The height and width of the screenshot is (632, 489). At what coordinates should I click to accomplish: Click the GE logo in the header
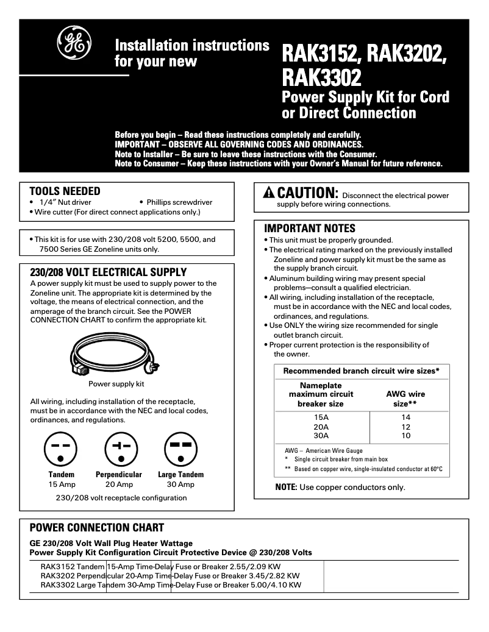[73, 41]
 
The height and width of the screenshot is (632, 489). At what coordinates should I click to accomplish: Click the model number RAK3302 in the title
[321, 77]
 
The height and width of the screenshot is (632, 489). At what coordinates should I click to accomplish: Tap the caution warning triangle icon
[269, 193]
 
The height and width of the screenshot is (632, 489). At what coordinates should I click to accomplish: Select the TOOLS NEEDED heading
[65, 191]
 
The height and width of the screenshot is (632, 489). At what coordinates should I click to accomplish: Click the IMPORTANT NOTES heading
[309, 229]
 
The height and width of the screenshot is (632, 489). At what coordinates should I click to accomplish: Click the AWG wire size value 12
[406, 427]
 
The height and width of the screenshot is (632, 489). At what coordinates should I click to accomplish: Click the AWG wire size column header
[405, 399]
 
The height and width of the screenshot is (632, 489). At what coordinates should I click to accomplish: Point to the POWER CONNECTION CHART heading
[96, 528]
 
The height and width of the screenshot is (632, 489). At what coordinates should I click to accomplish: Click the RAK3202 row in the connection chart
[171, 575]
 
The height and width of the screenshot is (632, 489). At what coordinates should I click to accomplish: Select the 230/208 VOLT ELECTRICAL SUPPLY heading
[108, 272]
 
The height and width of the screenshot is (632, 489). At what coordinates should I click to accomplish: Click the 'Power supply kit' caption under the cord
[116, 384]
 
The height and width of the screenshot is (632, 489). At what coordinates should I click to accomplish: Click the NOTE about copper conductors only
[340, 487]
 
